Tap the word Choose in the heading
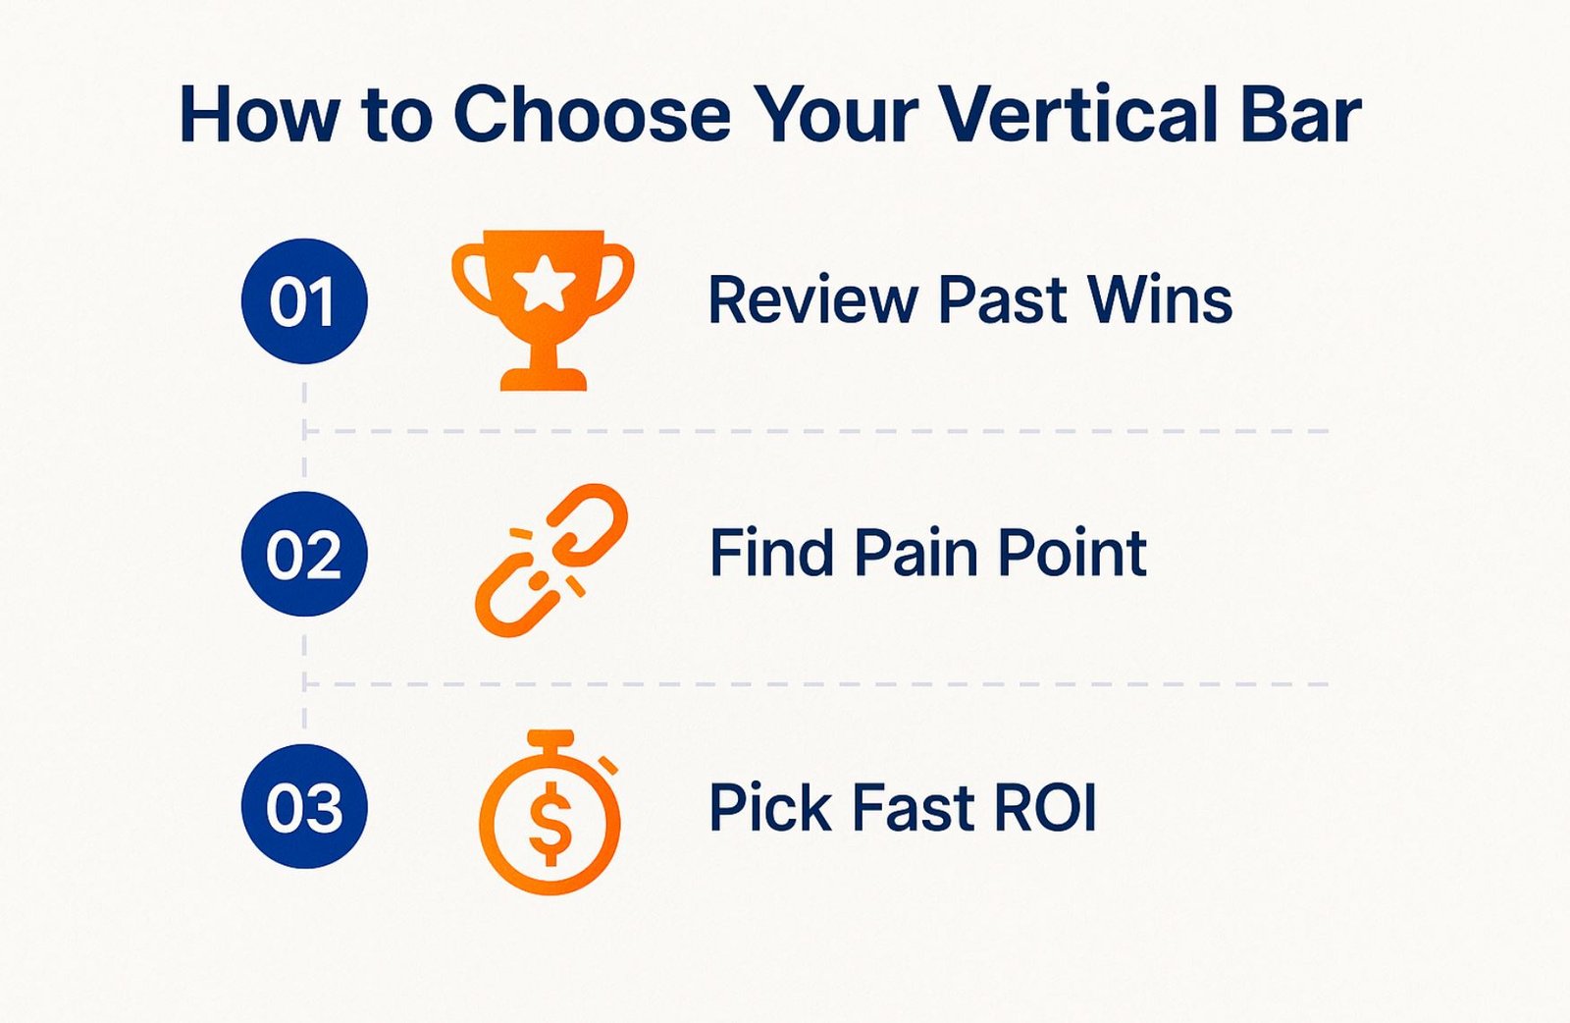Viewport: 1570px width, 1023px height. [593, 115]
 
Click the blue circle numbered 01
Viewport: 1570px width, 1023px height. [304, 301]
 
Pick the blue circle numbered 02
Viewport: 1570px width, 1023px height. [304, 554]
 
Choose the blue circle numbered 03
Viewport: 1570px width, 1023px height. [304, 806]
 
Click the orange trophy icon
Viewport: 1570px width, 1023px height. [544, 310]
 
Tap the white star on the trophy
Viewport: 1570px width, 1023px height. [544, 283]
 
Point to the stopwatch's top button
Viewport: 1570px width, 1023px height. [550, 738]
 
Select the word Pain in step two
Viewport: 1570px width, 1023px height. [916, 553]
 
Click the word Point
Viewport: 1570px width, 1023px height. [1073, 553]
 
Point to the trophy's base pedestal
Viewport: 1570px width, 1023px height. [544, 379]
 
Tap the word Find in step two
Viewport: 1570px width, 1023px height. [771, 553]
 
